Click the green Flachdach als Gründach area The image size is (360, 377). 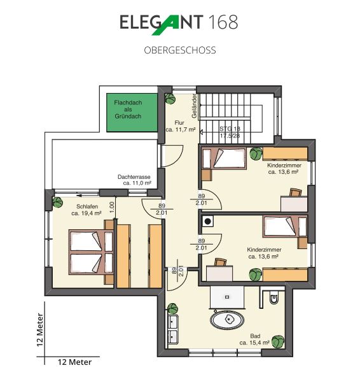132,113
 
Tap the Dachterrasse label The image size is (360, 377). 134,177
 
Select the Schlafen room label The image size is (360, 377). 87,206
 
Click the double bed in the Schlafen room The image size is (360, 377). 91,252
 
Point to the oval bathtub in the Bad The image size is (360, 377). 227,320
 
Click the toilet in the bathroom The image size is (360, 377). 273,298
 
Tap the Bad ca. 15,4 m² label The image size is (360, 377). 254,339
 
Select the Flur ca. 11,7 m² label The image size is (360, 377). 180,126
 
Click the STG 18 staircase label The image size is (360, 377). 230,129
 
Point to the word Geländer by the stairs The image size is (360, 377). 194,106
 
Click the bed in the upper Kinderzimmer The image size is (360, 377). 225,159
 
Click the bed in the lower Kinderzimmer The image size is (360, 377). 285,227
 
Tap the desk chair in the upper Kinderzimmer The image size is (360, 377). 296,192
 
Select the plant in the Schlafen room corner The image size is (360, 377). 58,203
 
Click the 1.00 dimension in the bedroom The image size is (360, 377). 112,207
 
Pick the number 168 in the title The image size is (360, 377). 223,22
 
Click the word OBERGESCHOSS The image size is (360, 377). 180,50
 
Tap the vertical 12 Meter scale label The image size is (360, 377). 40,330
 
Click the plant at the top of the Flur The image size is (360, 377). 170,99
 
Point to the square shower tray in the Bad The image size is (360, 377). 227,297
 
